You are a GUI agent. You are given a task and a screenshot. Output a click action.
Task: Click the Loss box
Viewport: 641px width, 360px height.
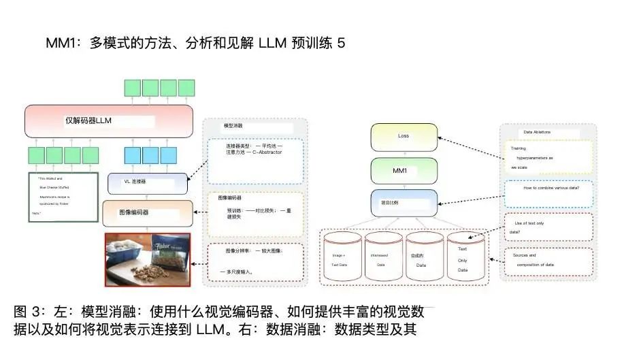click(403, 137)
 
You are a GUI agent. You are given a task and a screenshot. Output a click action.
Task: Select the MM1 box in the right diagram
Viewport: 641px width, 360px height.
click(403, 170)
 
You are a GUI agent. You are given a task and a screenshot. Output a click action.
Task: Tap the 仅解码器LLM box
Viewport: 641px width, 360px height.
click(109, 121)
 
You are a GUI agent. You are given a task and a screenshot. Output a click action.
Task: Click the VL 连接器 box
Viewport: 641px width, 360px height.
click(147, 183)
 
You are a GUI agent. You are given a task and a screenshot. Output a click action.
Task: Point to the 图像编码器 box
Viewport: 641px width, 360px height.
click(147, 213)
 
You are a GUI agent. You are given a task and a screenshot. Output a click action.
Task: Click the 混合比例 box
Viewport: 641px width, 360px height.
click(404, 203)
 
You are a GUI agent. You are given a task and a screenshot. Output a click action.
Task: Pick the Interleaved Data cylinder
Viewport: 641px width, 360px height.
click(382, 257)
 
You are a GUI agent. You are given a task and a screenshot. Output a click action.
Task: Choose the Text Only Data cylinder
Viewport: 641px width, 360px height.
click(465, 257)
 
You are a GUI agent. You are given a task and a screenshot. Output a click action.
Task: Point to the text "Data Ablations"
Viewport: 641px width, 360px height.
click(537, 132)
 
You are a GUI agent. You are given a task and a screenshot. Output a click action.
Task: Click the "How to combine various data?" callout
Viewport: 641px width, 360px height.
click(550, 193)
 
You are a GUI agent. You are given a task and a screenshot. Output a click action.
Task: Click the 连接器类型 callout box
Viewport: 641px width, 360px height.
click(254, 161)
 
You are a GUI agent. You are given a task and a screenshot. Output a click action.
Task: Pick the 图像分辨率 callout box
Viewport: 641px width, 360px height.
click(254, 262)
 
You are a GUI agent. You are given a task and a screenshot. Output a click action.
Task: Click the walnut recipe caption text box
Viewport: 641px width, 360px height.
click(63, 196)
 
